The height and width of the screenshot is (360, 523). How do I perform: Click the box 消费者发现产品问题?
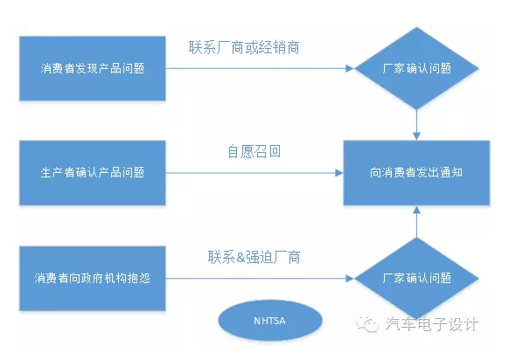93,68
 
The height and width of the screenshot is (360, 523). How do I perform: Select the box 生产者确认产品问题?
93,172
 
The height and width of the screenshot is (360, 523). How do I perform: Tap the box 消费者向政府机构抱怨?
93,279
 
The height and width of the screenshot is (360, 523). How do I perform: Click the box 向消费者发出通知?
415,172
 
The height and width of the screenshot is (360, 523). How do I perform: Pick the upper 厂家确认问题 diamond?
417,68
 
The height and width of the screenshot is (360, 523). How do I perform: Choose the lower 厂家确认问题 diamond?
417,279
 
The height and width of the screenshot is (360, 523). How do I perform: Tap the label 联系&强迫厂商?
255,257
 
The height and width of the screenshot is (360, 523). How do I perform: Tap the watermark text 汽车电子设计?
432,324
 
